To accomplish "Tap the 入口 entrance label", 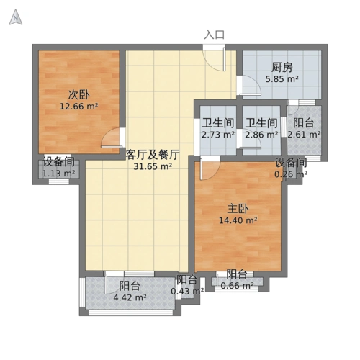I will point(214,35).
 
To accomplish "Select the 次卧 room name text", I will point(78,95).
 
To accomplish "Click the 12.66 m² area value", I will point(78,107).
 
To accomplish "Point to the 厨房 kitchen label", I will point(282,68).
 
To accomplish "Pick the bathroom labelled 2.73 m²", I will point(217,134).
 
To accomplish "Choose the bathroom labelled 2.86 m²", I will point(260,134).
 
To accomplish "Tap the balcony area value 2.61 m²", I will point(304,134).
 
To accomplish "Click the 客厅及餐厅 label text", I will point(152,154).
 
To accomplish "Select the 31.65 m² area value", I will point(152,166).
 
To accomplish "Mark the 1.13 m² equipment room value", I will point(58,174).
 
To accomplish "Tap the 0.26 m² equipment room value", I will point(291,174).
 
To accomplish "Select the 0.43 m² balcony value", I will point(187,292).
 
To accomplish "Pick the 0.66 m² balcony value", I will point(237,286).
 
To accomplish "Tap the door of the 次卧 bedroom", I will point(112,140).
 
